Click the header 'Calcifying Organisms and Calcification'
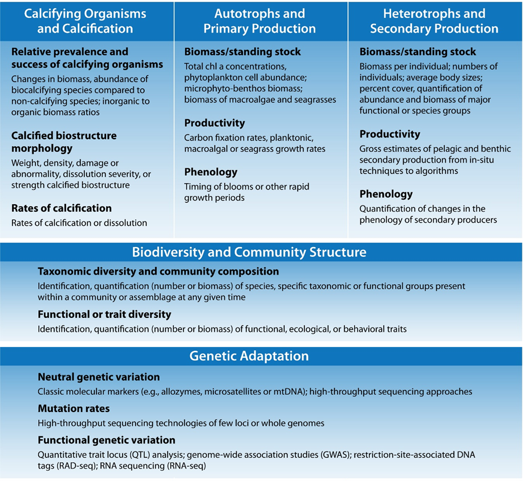pos(85,21)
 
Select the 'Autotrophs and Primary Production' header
pos(260,21)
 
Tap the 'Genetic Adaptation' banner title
pos(249,356)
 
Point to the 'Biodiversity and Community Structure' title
pos(249,252)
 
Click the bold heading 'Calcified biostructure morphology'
pos(64,142)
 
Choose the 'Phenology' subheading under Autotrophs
pos(211,172)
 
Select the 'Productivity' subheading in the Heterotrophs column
pos(390,134)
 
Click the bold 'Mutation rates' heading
pos(74,409)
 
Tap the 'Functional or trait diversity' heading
pos(104,314)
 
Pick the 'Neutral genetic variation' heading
pos(99,377)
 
